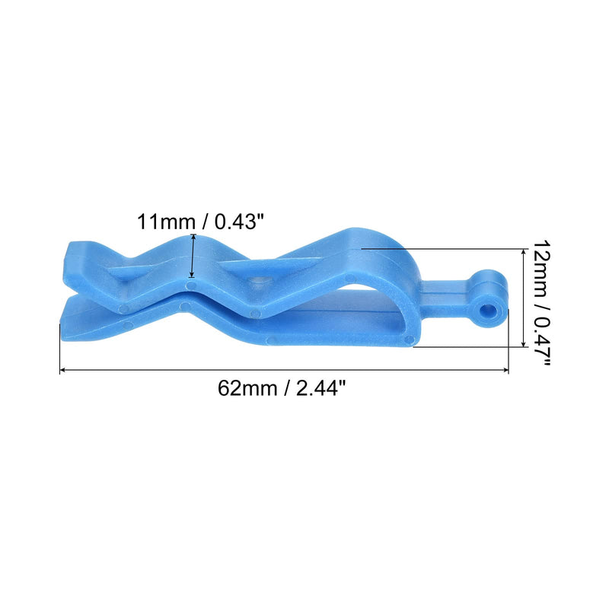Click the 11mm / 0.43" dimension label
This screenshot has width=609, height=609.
(x=200, y=222)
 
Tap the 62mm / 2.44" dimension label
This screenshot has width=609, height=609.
(x=281, y=388)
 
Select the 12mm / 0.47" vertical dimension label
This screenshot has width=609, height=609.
(x=541, y=303)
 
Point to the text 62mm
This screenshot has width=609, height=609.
(x=247, y=388)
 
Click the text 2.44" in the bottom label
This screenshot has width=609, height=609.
(x=320, y=388)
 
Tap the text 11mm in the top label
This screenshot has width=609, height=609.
(x=166, y=222)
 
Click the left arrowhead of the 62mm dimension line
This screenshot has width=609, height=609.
(x=62, y=371)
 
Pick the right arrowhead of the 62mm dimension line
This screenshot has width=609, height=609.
(x=505, y=371)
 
